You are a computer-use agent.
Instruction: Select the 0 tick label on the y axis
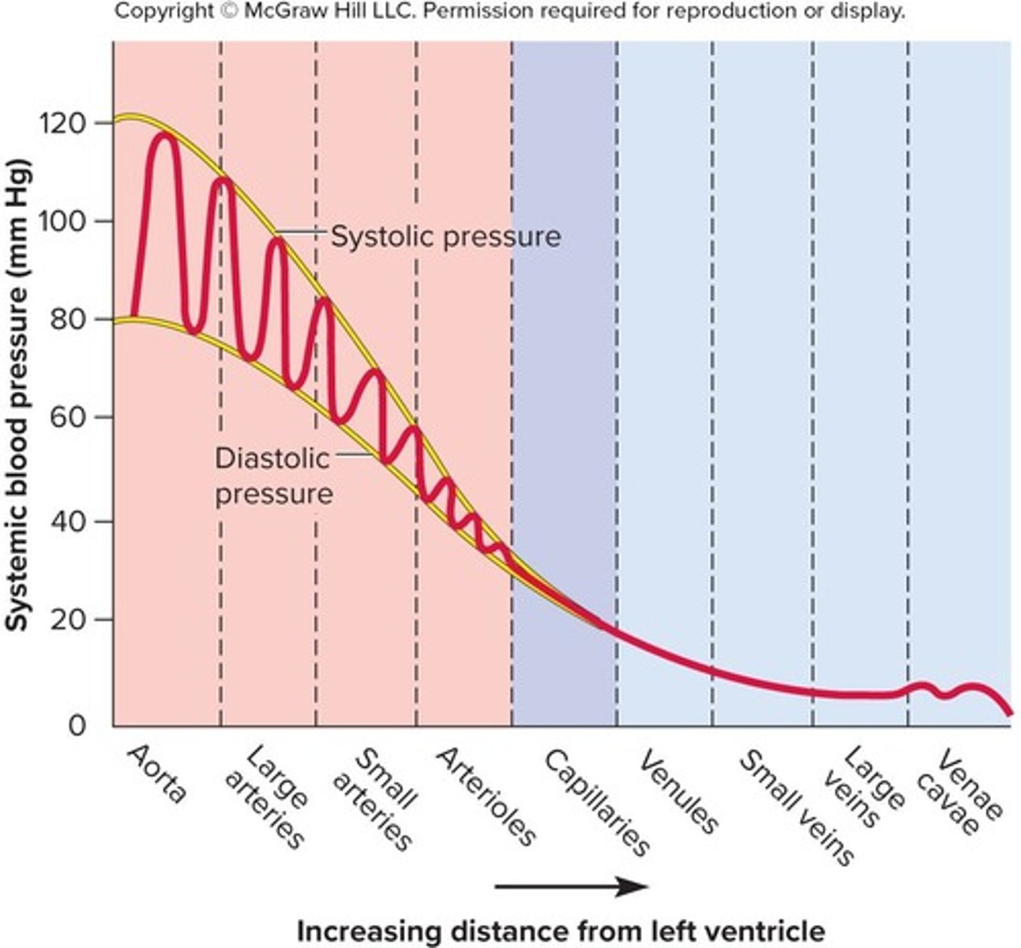pos(76,724)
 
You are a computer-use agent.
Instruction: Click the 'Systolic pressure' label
pos(445,236)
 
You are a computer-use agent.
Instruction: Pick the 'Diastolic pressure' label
pos(273,476)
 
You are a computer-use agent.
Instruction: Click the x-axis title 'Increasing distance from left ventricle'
pos(561,931)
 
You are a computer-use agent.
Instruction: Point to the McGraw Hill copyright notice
pos(510,13)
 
